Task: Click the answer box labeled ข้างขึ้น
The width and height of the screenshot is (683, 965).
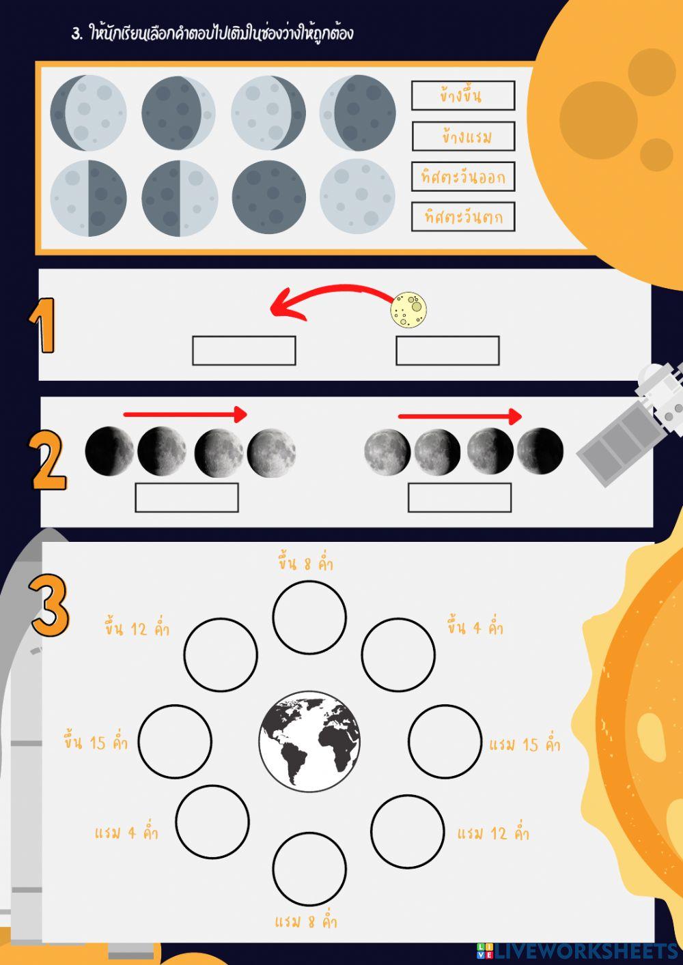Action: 463,96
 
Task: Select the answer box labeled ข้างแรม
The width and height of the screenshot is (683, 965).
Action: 464,136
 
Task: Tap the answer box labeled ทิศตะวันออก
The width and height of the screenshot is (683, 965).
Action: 463,177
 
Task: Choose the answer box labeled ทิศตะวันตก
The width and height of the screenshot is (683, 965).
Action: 463,217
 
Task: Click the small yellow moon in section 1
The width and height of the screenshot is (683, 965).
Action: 408,310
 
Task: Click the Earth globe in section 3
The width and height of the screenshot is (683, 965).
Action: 309,742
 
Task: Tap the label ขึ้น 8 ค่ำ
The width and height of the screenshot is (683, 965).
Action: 305,564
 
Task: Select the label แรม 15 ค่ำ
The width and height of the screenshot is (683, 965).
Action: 525,745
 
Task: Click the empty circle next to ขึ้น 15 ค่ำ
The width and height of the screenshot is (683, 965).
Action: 175,741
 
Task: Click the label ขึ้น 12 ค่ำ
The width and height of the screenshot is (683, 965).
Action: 137,629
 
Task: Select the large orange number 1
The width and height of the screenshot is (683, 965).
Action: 42,326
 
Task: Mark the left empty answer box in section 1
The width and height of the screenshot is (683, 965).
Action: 244,351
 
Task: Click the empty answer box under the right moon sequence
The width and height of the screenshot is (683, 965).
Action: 460,498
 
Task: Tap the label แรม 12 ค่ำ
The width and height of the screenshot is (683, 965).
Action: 493,833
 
